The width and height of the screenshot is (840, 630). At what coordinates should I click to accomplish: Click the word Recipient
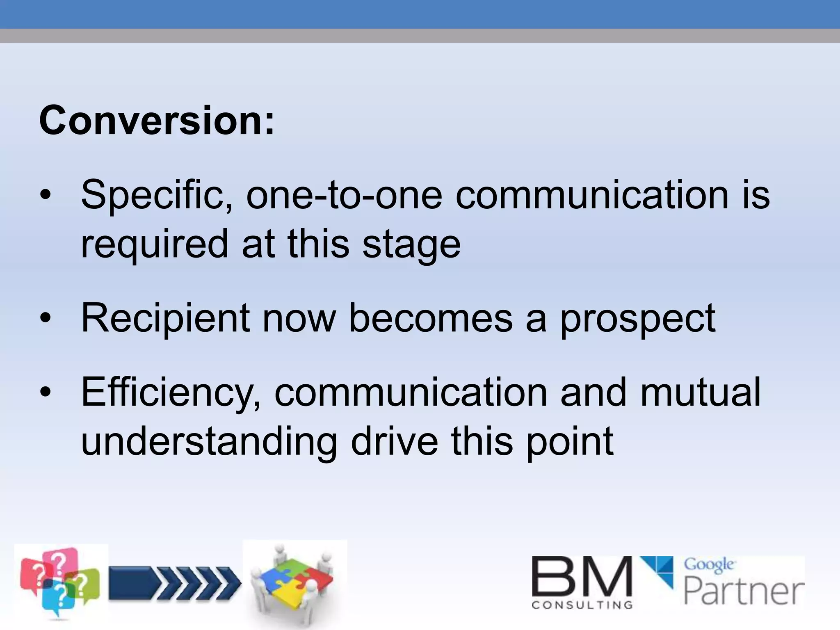click(165, 319)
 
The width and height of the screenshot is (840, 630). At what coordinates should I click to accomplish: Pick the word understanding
click(209, 442)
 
